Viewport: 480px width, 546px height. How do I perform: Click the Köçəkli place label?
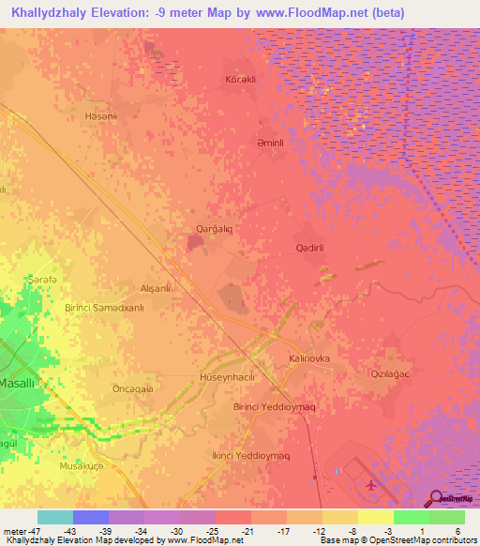point(241,80)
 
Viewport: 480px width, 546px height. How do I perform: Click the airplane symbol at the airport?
point(372,485)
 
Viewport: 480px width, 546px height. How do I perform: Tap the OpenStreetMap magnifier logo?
point(435,498)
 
